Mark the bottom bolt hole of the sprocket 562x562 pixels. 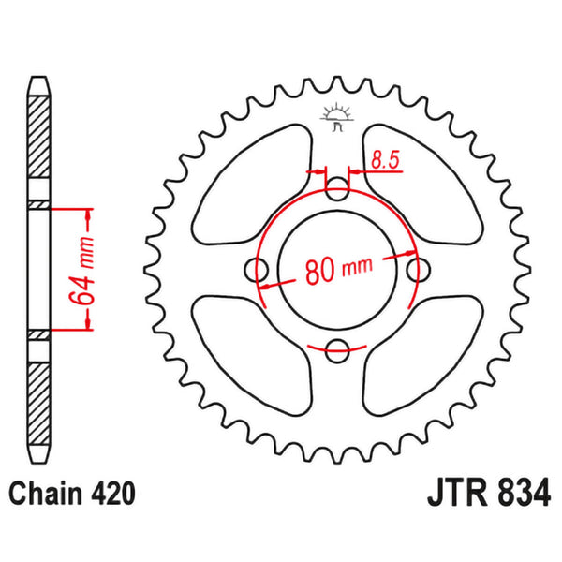[337, 349]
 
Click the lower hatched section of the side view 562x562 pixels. [37, 393]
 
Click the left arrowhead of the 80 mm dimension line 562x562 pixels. [265, 285]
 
